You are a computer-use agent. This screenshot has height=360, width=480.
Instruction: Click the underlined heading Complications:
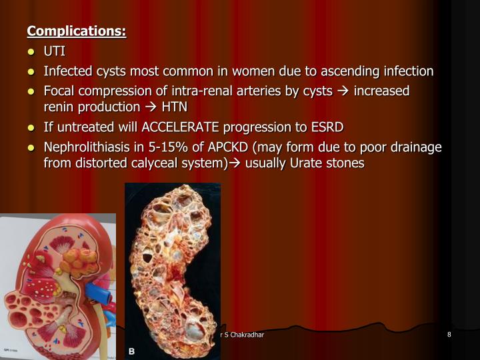(x=76, y=31)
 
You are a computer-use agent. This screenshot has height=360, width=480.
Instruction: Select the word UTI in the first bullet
(x=54, y=51)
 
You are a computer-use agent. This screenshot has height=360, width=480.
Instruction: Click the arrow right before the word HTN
(x=150, y=107)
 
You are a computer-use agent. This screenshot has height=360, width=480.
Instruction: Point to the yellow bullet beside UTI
(x=31, y=52)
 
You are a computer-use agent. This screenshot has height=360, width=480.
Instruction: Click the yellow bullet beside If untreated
(x=31, y=127)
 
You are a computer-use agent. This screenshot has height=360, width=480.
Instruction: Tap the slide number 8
(x=449, y=334)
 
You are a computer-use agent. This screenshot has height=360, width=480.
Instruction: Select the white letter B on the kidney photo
(x=133, y=351)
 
